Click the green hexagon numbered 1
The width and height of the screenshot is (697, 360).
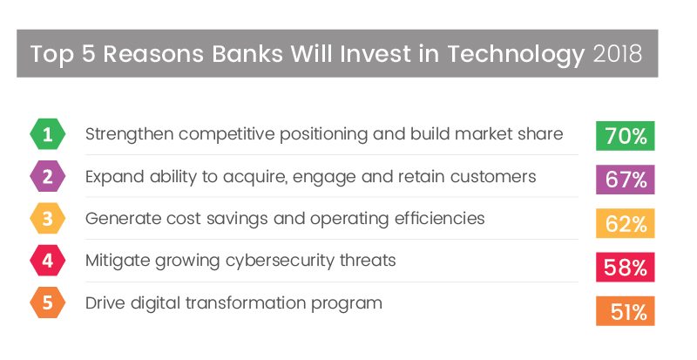tap(48, 134)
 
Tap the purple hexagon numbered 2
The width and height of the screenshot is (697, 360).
tap(48, 176)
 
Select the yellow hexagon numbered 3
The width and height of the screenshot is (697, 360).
tap(48, 219)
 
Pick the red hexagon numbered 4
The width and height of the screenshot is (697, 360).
tap(48, 261)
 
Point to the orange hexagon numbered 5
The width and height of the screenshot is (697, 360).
tap(48, 302)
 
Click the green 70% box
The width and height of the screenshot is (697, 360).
tap(625, 136)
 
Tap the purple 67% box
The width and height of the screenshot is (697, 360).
tap(625, 180)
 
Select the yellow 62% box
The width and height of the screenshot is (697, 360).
tap(625, 223)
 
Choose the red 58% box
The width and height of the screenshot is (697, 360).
tap(625, 267)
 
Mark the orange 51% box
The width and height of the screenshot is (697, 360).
tap(625, 310)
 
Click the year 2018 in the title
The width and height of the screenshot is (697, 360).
tap(618, 53)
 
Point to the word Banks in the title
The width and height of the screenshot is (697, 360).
tap(247, 53)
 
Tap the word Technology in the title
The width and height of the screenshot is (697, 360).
tap(516, 55)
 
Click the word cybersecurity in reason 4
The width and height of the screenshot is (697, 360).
tap(280, 262)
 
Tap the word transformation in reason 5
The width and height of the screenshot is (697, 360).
tap(246, 303)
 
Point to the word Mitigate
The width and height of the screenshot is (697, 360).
tap(118, 262)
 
